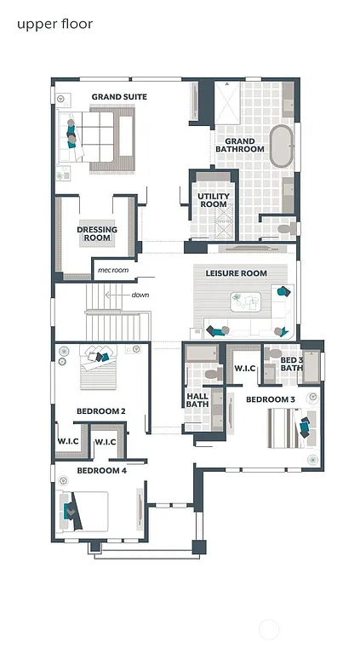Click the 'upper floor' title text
coord(54,24)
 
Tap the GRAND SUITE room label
coord(119,97)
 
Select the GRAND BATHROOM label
coord(239,144)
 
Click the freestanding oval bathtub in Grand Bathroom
coord(280,146)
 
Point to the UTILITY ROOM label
coord(213,200)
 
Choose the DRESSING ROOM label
coord(97,233)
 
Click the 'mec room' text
coord(112,270)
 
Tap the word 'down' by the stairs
coord(140,295)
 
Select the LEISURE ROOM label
coord(236,273)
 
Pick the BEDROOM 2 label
coord(101,411)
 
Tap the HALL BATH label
coord(197,399)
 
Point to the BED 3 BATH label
coord(292,364)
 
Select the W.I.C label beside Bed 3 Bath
coord(245,368)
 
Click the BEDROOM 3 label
coord(271,399)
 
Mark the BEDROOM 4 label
coord(101,469)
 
